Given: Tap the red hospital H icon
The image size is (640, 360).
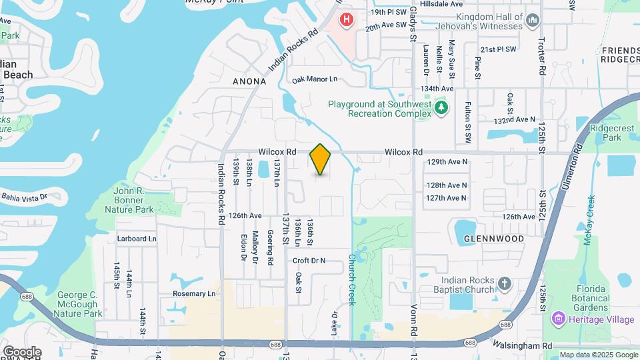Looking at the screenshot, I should coord(347,20).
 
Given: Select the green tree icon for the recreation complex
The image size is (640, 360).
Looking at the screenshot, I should coord(440,107).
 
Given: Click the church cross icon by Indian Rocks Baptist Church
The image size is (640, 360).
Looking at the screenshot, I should coord(505,284).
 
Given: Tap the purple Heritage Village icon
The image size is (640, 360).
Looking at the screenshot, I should coord(557,320).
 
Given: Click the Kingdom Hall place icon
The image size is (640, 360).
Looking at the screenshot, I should coord(533,21).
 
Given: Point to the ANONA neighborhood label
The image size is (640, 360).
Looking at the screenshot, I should coord(249,81).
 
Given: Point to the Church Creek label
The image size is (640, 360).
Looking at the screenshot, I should coord(352,279).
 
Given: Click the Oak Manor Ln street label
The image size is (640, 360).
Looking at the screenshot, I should coord(315,79).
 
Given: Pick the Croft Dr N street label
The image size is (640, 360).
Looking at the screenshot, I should coord(309,260).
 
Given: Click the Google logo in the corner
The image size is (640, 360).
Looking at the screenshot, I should coord(22,351).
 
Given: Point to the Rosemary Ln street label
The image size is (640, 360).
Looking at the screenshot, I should coord(194,293).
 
